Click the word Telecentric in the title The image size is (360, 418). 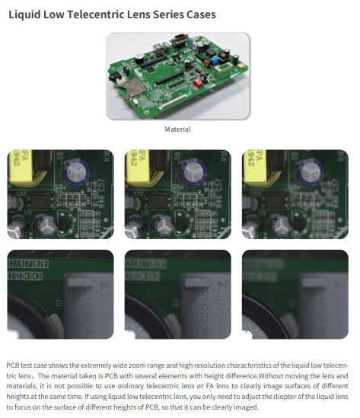point(96,14)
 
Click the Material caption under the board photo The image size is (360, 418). point(177,129)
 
